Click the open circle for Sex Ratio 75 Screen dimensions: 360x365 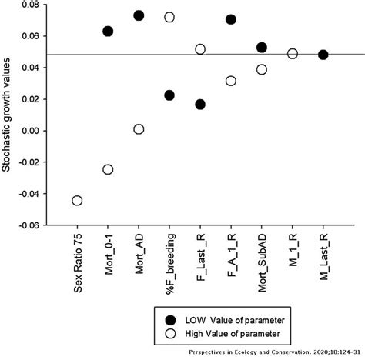pos(77,201)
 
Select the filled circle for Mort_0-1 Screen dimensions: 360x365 pos(108,32)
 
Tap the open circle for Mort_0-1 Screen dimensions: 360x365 pos(108,169)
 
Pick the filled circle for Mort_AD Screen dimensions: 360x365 pos(139,15)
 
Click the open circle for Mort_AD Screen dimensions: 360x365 pos(139,129)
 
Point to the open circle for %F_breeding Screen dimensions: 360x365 pos(169,17)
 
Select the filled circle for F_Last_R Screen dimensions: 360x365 pos(200,105)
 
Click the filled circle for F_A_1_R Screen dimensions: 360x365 pos(231,19)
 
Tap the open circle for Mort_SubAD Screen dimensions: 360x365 pos(262,69)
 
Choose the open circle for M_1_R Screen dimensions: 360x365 pos(293,54)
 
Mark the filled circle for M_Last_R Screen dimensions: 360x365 pos(323,55)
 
